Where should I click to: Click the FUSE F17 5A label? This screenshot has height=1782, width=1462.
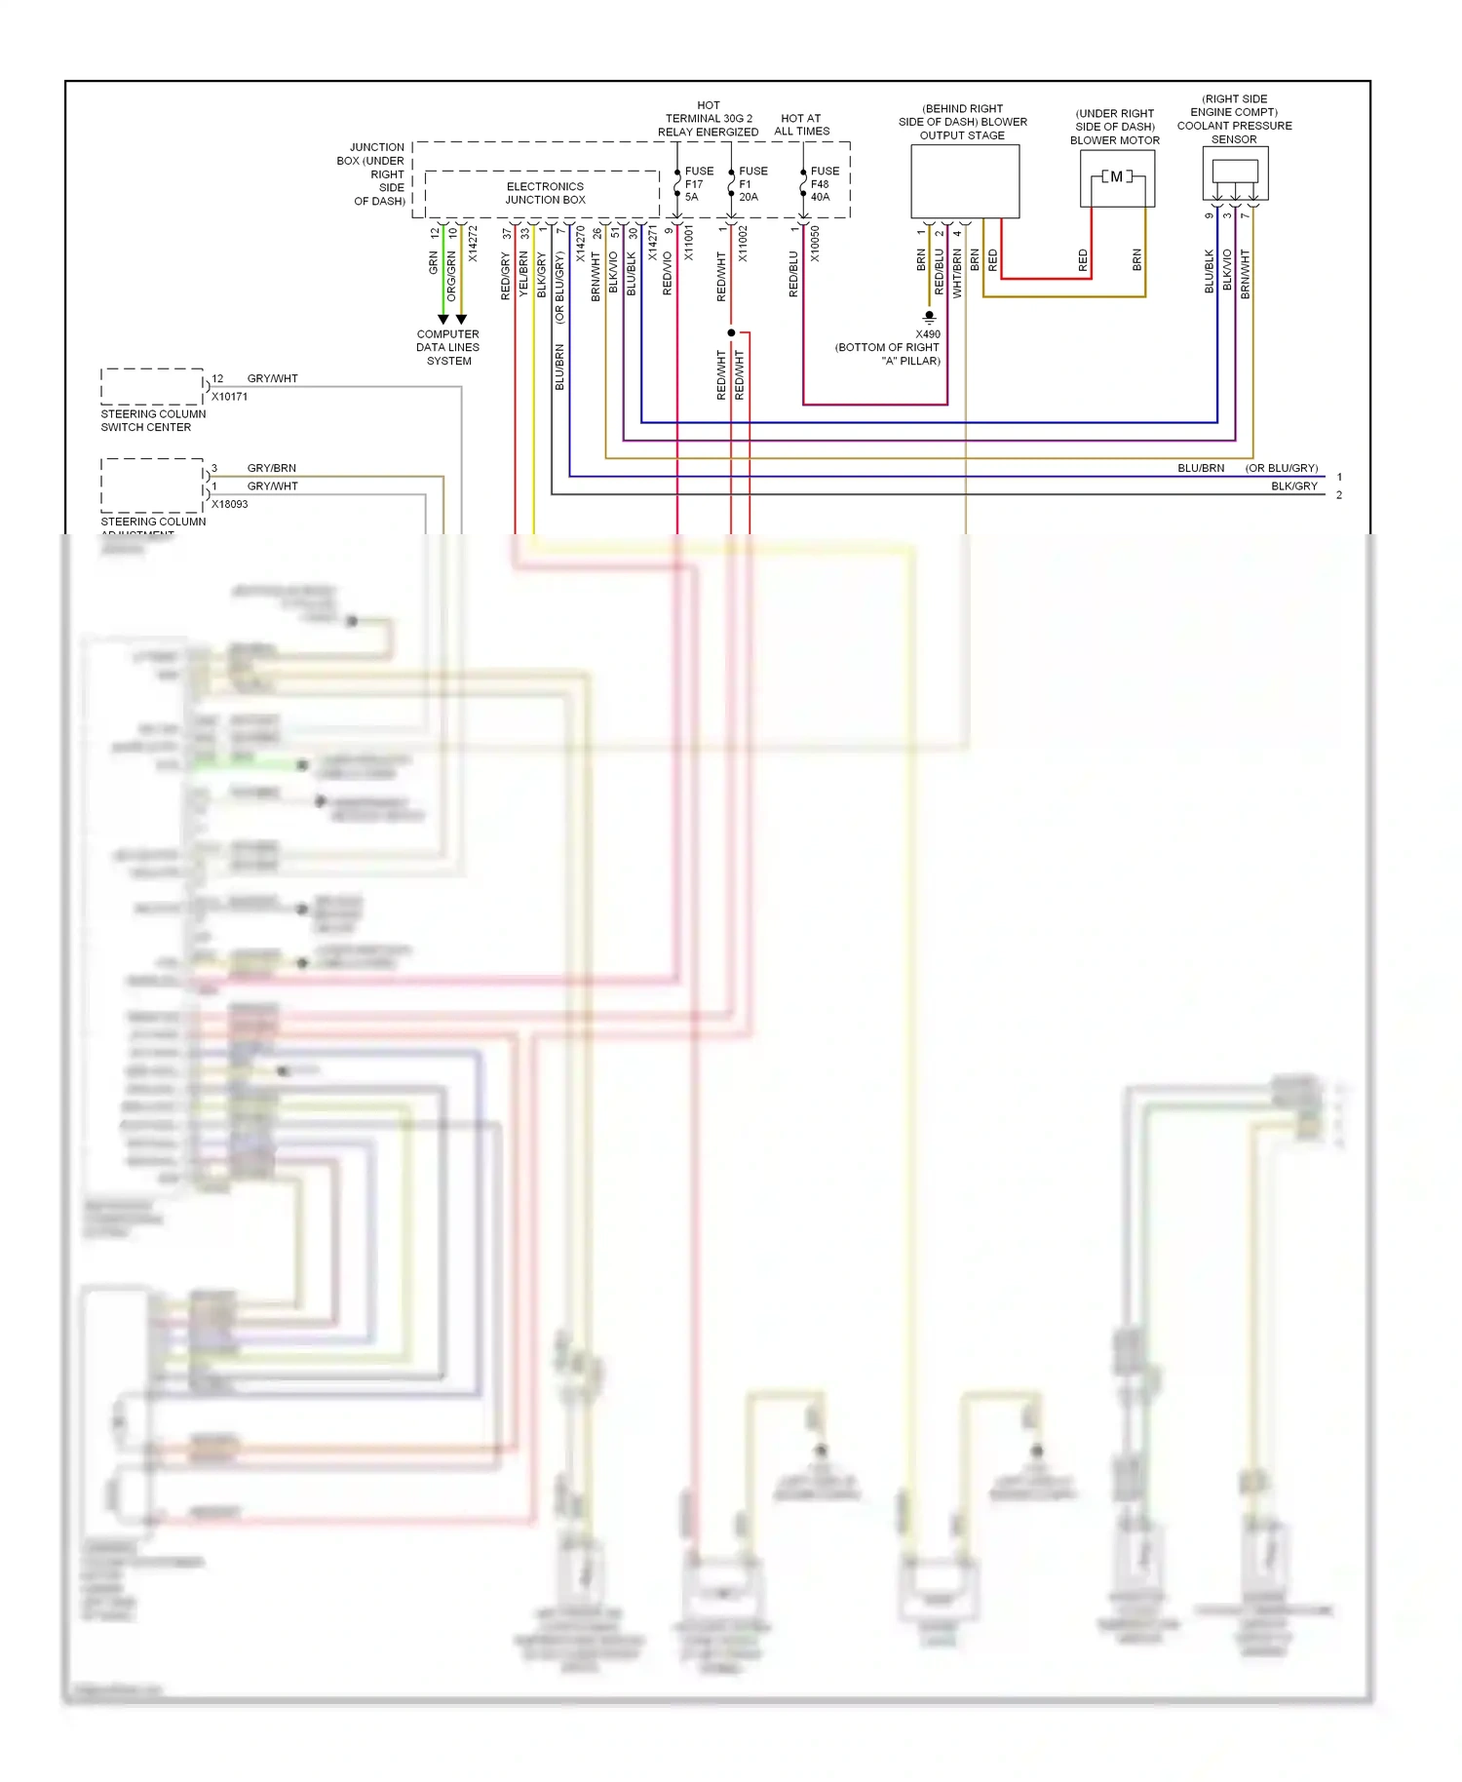click(698, 184)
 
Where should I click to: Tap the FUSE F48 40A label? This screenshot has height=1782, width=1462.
click(824, 184)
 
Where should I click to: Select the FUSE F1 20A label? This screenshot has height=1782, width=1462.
click(752, 184)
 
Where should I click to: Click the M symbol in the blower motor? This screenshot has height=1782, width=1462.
click(1117, 176)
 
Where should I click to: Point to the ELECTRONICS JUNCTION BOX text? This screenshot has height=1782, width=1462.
click(545, 193)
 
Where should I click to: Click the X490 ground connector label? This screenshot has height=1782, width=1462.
click(928, 334)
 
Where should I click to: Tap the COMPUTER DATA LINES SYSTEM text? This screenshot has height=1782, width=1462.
click(448, 347)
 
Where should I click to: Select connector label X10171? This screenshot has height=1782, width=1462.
click(230, 397)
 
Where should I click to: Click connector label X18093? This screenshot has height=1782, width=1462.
click(230, 504)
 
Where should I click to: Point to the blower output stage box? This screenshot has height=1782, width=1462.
click(965, 181)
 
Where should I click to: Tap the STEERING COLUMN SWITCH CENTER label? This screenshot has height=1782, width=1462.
click(153, 420)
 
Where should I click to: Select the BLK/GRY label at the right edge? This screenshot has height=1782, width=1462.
click(1293, 486)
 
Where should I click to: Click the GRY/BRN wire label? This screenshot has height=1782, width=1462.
click(272, 468)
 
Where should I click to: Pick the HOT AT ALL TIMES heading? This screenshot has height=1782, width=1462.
click(802, 125)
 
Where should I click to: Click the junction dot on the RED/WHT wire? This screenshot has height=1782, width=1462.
click(731, 333)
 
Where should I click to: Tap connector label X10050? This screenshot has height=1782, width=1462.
click(815, 244)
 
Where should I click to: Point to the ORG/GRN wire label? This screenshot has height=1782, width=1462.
click(451, 276)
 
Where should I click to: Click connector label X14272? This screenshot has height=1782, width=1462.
click(473, 244)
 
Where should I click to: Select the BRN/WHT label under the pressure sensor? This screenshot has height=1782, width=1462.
click(1245, 274)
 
